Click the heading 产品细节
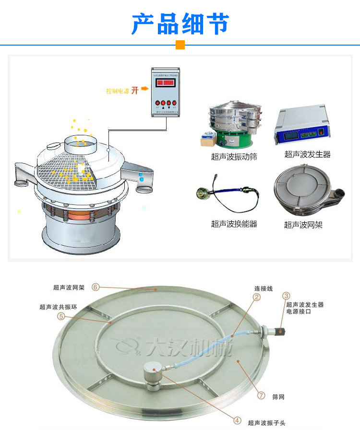(180, 24)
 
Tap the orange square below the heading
(180, 45)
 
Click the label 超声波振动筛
(234, 157)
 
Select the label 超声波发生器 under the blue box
(307, 154)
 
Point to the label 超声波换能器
(234, 224)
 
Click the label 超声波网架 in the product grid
(303, 225)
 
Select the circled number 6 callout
(96, 287)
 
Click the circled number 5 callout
(61, 316)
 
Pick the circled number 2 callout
(257, 298)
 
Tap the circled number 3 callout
(286, 296)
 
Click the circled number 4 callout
(237, 420)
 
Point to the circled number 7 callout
(261, 396)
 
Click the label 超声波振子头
(266, 423)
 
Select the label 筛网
(278, 397)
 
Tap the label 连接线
(264, 288)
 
